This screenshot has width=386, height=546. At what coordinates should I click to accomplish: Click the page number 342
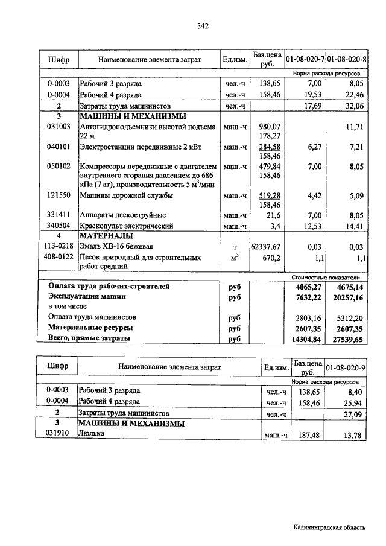pyautogui.click(x=203, y=26)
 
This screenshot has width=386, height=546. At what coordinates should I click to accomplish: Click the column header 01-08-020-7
pyautogui.click(x=305, y=60)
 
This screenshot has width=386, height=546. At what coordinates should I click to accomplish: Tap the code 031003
pyautogui.click(x=59, y=127)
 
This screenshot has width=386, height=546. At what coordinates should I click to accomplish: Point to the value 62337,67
pyautogui.click(x=266, y=246)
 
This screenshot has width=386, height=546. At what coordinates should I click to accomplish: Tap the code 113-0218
pyautogui.click(x=59, y=246)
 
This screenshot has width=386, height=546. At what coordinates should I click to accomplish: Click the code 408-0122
pyautogui.click(x=59, y=258)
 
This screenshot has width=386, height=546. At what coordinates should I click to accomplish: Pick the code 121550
pyautogui.click(x=59, y=195)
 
